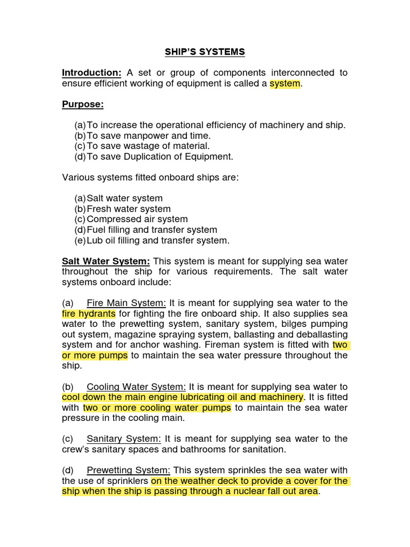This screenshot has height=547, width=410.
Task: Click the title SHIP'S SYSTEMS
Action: [x=205, y=52]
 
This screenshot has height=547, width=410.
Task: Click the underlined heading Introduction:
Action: [x=92, y=73]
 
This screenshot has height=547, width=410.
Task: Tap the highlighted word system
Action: [x=285, y=83]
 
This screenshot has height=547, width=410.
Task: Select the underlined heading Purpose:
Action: [x=83, y=104]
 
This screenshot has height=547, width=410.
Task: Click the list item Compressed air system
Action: [x=137, y=219]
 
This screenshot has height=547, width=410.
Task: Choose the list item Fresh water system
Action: [x=129, y=209]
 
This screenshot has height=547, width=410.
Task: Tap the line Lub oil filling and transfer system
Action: [x=158, y=240]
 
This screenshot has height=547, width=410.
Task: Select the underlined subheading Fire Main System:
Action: [x=127, y=303]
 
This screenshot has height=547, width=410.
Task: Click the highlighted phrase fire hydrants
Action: [x=89, y=314]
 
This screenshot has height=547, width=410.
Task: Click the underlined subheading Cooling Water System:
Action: [x=136, y=387]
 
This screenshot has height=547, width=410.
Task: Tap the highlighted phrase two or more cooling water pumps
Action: [x=157, y=408]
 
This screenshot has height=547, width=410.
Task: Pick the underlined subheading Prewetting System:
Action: [x=129, y=470]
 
